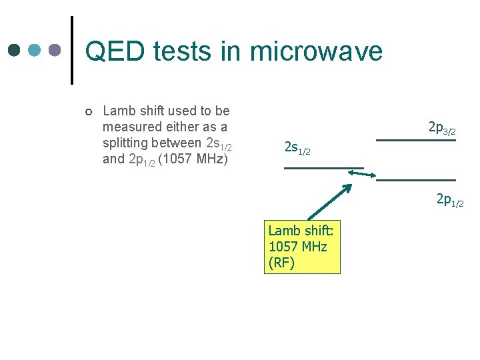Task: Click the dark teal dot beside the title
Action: pyautogui.click(x=15, y=50)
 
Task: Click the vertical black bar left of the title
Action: pyautogui.click(x=72, y=50)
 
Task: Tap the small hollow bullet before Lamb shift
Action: pyautogui.click(x=89, y=111)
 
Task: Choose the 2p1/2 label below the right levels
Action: pyautogui.click(x=450, y=199)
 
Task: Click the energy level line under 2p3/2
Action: pyautogui.click(x=416, y=140)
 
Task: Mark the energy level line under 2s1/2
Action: pyautogui.click(x=323, y=167)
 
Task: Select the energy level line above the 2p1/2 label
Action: pyautogui.click(x=416, y=180)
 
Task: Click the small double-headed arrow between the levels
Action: pyautogui.click(x=363, y=175)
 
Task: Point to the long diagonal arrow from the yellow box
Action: pyautogui.click(x=328, y=203)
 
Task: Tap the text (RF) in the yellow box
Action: pyautogui.click(x=281, y=263)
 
